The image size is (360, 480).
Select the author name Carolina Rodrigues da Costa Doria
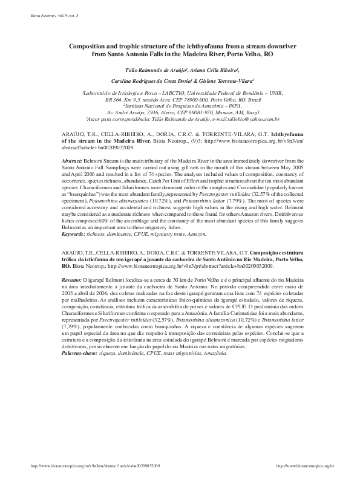(151, 80)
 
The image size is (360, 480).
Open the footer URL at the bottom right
(305, 466)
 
